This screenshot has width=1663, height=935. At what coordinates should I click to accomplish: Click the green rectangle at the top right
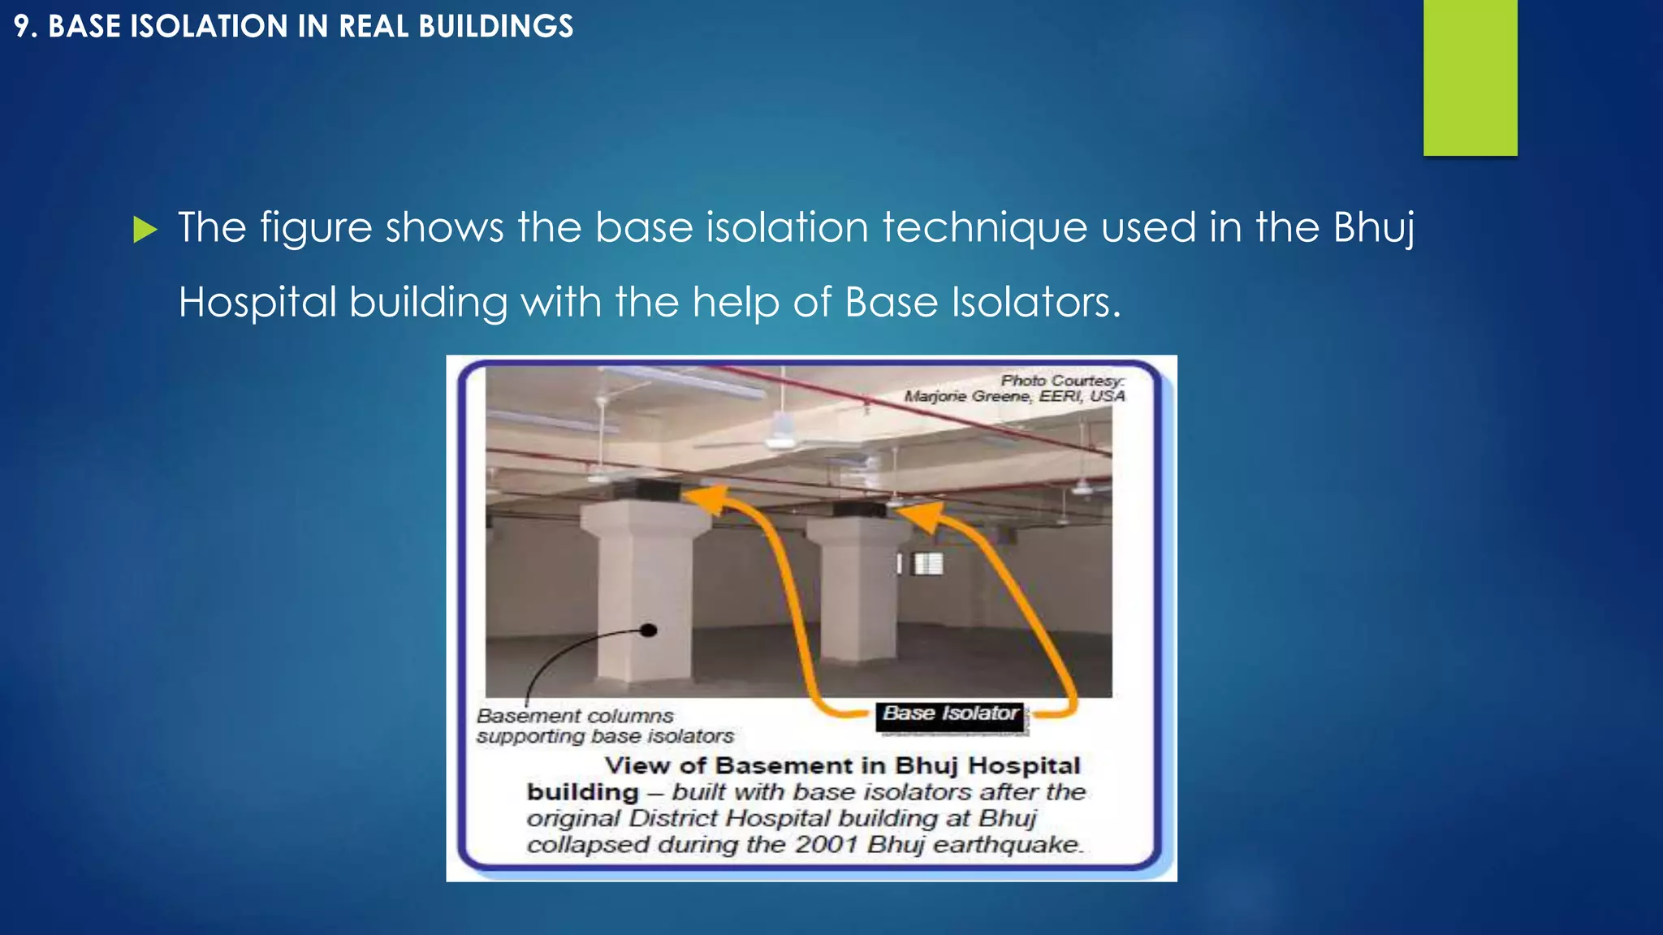1470,77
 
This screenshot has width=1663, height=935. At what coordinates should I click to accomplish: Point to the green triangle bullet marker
145,230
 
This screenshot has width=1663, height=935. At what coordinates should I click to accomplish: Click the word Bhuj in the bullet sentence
1374,227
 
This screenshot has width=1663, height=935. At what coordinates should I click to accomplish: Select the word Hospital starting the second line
257,303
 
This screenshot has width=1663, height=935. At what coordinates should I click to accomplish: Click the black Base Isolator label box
950,714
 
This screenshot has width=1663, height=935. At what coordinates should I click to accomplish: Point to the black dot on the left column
648,630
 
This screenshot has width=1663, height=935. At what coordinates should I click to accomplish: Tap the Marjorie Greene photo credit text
1014,396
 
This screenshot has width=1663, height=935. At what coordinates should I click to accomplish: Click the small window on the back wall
927,563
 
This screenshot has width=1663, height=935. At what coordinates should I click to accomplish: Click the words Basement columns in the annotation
575,716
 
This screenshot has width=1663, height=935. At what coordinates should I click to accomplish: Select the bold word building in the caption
582,792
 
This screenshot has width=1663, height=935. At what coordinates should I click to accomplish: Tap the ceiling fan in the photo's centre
781,438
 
